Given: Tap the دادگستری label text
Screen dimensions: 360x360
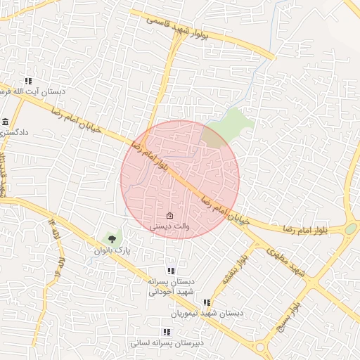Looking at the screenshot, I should [x=15, y=132].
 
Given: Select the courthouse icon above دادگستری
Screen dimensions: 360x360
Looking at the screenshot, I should [x=6, y=122].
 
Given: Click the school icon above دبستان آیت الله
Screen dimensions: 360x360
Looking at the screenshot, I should [x=28, y=81].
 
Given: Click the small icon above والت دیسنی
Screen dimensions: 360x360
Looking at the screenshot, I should [x=169, y=215].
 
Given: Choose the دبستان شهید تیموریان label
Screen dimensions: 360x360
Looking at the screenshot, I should [x=207, y=312].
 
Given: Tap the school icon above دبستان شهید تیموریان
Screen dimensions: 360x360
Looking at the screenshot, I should [x=206, y=302].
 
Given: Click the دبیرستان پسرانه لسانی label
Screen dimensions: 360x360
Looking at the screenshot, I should [x=167, y=342].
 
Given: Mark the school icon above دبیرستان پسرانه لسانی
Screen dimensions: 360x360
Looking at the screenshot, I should [x=167, y=332].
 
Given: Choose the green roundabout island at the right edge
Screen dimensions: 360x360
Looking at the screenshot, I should [x=351, y=229].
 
